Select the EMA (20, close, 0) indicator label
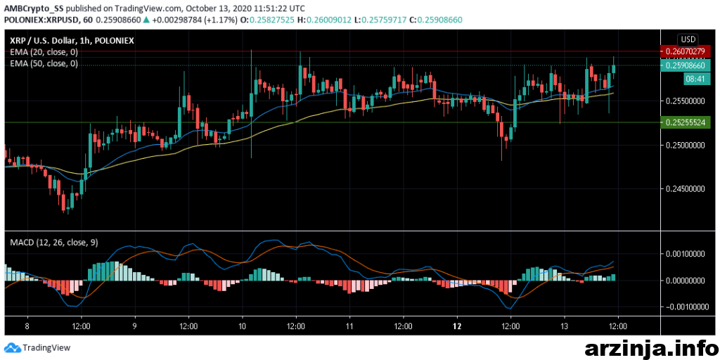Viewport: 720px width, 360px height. pyautogui.click(x=44, y=52)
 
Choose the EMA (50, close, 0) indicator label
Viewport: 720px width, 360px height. pyautogui.click(x=44, y=63)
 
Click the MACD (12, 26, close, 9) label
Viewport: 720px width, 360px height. pyautogui.click(x=54, y=243)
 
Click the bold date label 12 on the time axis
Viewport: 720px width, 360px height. pyautogui.click(x=457, y=327)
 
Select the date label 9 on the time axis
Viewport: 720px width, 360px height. pyautogui.click(x=134, y=327)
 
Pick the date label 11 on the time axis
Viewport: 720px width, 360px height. pyautogui.click(x=349, y=327)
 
